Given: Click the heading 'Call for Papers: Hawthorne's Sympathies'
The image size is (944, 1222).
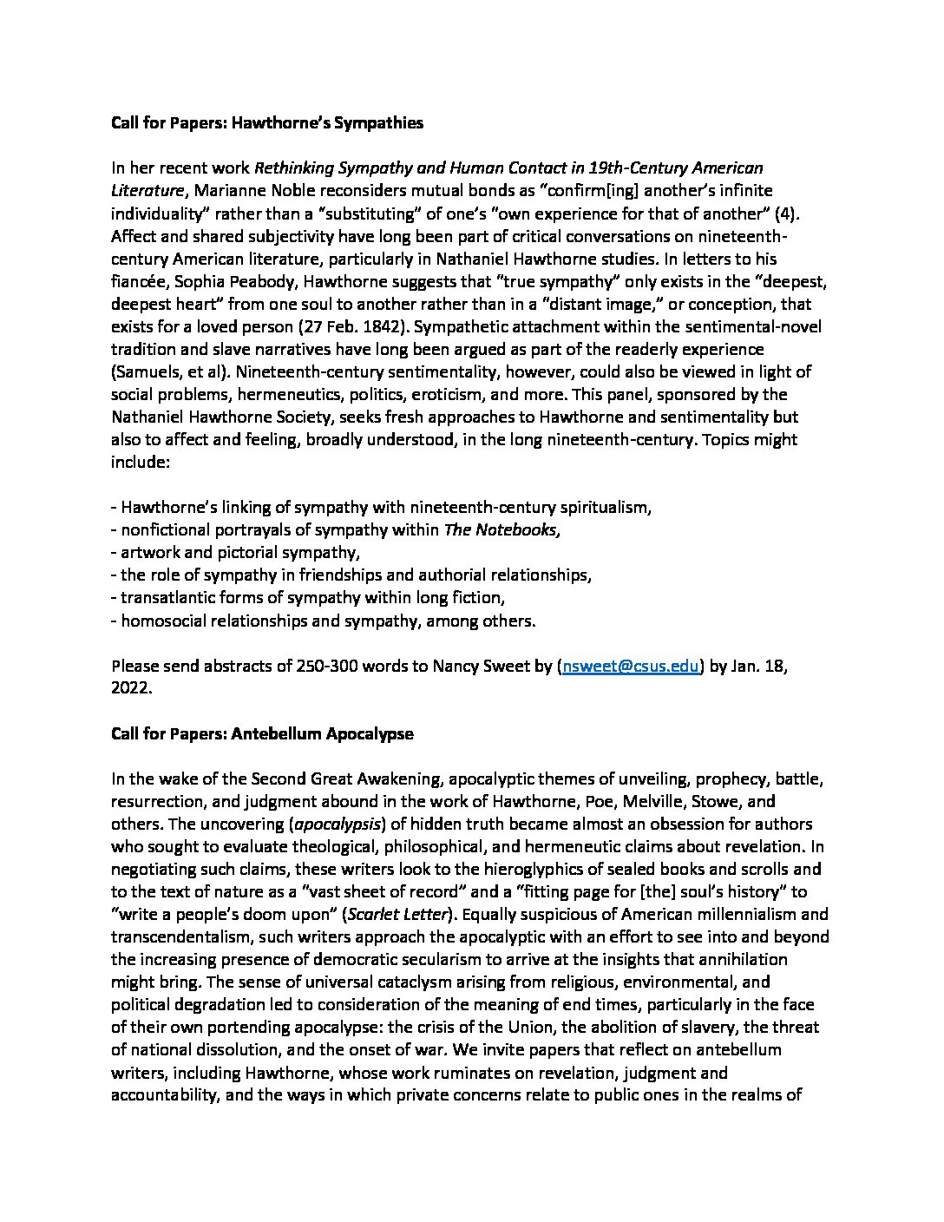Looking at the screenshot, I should click(x=267, y=122).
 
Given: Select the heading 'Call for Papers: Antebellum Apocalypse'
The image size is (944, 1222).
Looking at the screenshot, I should click(x=262, y=733).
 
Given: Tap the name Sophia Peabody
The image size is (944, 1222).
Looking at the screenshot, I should click(x=221, y=281).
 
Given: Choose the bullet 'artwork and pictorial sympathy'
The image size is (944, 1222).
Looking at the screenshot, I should click(x=239, y=552).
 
